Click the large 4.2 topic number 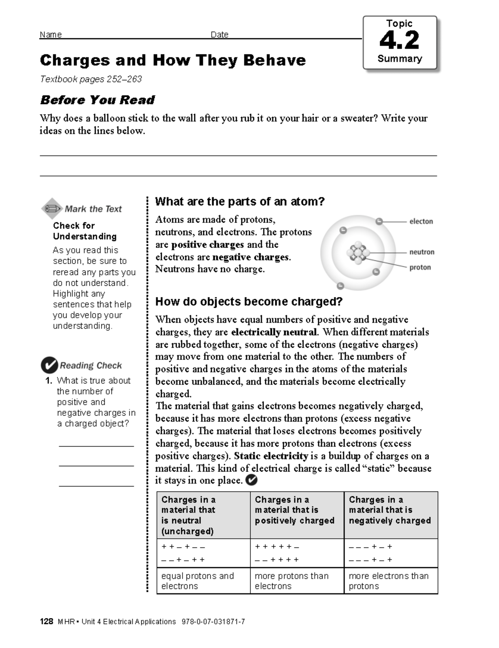point(399,41)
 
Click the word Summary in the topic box point(399,59)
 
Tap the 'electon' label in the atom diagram point(421,221)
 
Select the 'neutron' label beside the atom point(422,252)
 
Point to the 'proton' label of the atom point(420,267)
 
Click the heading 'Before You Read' point(97,100)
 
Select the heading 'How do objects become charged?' point(249,301)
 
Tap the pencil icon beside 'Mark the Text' point(52,208)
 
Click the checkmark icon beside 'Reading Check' point(49,365)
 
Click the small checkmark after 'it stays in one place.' point(252,480)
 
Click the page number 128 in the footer point(46,621)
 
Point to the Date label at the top point(219,35)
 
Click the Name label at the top point(50,35)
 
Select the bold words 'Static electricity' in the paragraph point(271,456)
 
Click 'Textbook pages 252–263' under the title point(91,79)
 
